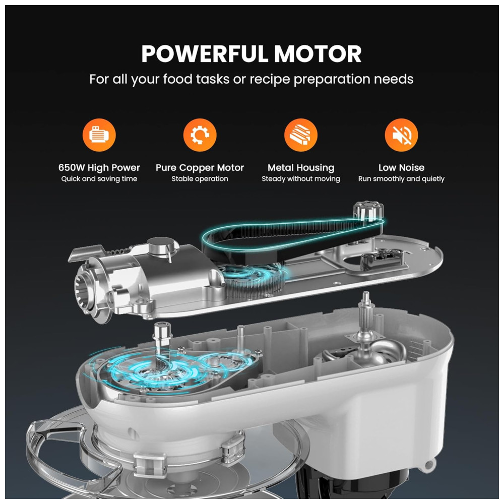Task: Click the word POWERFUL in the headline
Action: (205, 54)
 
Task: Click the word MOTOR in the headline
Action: (318, 54)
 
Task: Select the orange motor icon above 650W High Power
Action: (99, 135)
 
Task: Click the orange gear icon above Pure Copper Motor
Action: (200, 135)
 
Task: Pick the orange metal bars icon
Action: (301, 135)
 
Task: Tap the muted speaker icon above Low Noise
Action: (402, 135)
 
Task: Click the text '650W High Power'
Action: (99, 167)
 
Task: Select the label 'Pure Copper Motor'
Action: (200, 167)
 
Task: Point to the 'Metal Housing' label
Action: (301, 167)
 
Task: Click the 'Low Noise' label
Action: (402, 167)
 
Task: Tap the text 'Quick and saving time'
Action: (99, 179)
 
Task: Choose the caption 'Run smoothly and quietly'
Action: (402, 179)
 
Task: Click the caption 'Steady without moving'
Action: (301, 179)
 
